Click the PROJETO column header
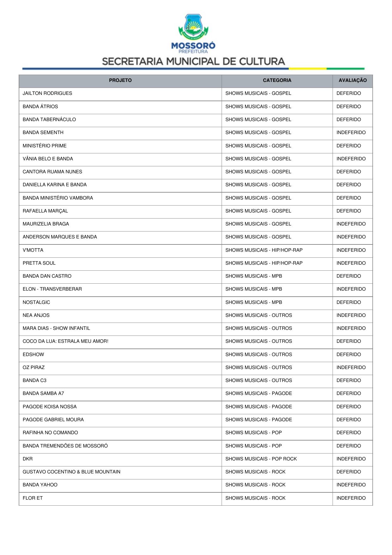[120, 80]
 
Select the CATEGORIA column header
[277, 80]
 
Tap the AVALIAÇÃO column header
[352, 80]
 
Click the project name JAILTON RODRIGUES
[47, 93]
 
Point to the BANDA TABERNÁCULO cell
[49, 120]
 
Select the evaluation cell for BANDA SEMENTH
[351, 133]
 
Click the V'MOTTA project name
[33, 250]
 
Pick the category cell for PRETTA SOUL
[264, 263]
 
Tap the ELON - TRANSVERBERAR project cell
[52, 289]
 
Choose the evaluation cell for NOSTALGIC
[349, 302]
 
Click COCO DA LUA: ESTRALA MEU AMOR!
[65, 341]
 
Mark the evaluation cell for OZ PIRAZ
[351, 367]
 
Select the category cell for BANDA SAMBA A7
[259, 393]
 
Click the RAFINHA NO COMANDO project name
[50, 433]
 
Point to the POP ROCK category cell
[261, 459]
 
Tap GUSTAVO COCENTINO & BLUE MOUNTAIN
[71, 472]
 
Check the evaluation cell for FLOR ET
[351, 498]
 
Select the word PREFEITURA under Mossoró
[193, 52]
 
